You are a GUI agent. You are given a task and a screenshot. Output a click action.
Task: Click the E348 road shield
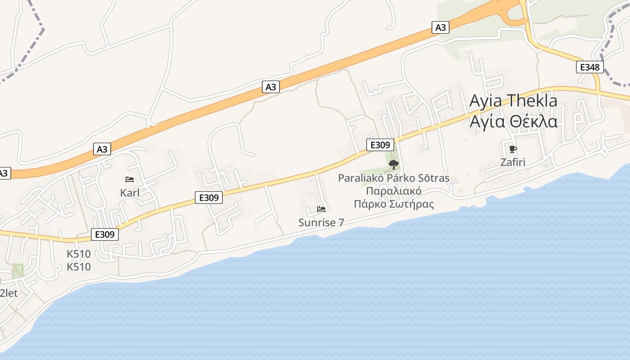tap(589, 67)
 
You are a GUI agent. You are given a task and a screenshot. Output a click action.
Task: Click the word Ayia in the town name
tap(486, 101)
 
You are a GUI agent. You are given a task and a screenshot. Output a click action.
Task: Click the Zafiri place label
tap(513, 162)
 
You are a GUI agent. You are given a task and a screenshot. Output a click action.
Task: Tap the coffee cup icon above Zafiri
tap(513, 149)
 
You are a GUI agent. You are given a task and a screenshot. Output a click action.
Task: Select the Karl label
tap(130, 193)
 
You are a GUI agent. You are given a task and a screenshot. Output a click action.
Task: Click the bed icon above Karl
tap(130, 180)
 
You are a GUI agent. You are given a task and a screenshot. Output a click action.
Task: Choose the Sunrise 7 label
tap(321, 222)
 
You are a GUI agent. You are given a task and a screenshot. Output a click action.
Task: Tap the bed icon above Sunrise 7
tap(321, 209)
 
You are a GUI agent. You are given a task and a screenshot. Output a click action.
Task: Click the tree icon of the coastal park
tap(393, 165)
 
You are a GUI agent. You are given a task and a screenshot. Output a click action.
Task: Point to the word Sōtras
tap(434, 178)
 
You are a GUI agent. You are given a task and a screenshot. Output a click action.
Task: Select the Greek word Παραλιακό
tap(393, 191)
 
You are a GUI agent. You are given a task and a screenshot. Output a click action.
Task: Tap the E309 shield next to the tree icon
tap(380, 145)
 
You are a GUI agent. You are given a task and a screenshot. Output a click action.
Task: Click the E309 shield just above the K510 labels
tap(104, 234)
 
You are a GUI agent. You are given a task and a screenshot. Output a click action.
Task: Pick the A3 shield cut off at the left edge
tap(4, 173)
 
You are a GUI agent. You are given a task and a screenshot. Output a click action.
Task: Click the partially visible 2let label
tap(9, 293)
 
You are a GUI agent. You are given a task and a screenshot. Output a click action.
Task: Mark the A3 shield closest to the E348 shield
tap(441, 27)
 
